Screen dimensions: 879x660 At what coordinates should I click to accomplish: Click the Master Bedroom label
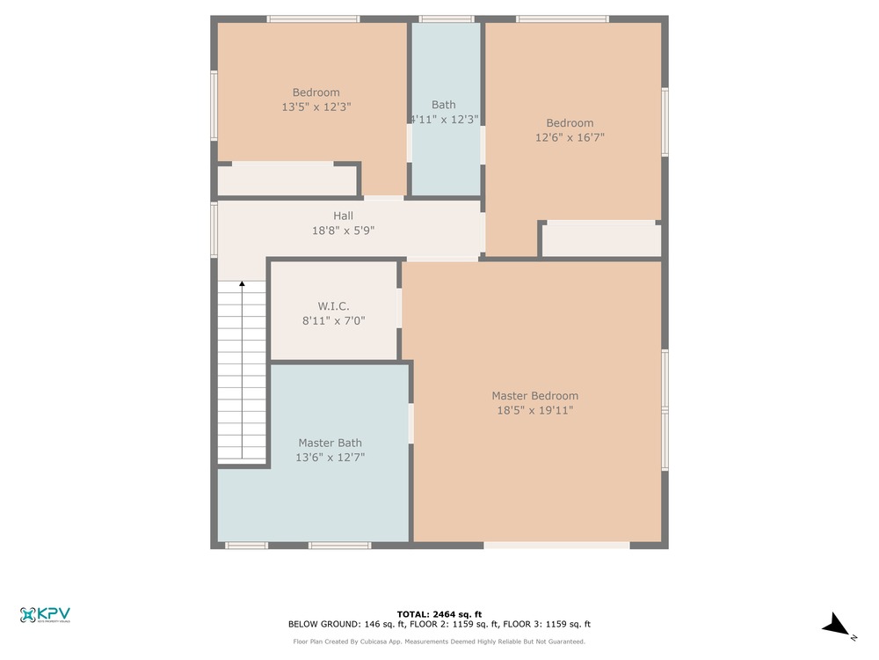[x=534, y=396]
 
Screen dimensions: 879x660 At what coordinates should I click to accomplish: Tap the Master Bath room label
[x=330, y=443]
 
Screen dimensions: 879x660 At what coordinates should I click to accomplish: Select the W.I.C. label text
[x=333, y=306]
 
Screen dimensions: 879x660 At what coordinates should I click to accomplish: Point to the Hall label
[x=343, y=216]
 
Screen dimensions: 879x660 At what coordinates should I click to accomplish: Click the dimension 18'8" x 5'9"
[x=343, y=230]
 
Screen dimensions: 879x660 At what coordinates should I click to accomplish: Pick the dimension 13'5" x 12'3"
[x=316, y=106]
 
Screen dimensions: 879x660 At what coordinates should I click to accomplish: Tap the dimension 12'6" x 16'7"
[x=570, y=137]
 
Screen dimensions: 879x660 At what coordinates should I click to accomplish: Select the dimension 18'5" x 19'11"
[x=534, y=410]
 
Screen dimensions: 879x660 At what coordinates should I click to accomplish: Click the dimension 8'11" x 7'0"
[x=333, y=320]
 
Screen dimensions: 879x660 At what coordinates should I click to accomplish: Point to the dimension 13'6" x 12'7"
[x=330, y=458]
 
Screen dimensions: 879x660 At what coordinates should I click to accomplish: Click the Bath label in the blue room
[x=443, y=105]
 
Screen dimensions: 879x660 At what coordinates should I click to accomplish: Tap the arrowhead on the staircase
[x=243, y=284]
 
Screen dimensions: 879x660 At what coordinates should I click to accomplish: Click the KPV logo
[x=45, y=615]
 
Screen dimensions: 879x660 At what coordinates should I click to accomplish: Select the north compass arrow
[x=837, y=625]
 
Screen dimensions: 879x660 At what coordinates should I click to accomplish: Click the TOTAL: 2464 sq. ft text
[x=439, y=614]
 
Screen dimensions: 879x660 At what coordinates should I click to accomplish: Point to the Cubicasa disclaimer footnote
[x=439, y=642]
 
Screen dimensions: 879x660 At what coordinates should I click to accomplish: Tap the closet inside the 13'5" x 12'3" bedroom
[x=287, y=180]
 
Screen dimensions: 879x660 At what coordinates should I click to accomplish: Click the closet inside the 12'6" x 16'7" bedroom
[x=601, y=240]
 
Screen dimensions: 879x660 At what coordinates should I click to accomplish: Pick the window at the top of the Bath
[x=447, y=19]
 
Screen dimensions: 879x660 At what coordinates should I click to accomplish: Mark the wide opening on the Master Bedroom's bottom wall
[x=556, y=545]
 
